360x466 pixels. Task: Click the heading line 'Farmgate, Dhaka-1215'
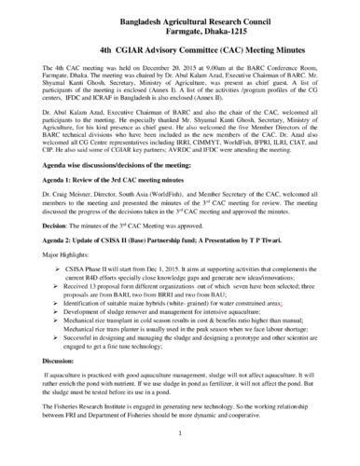[x=179, y=28]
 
